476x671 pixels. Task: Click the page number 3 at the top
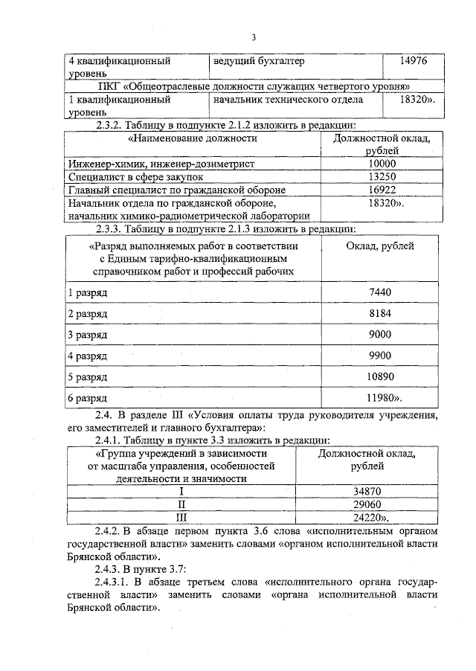point(254,38)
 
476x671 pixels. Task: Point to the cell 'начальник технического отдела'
point(288,99)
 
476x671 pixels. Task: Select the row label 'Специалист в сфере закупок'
point(135,177)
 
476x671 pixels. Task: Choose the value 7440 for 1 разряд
point(379,292)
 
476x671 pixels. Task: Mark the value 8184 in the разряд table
point(379,313)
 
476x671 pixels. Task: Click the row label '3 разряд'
point(88,335)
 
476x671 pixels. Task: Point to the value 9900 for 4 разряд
point(379,356)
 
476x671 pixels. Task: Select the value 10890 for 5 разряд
point(379,377)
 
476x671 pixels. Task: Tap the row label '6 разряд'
point(88,399)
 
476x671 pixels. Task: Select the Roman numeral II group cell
point(181,504)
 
